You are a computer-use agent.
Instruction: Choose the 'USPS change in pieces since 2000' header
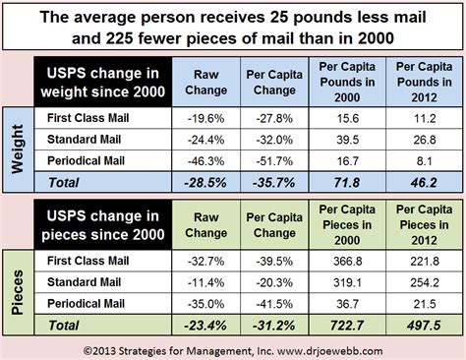click(97, 225)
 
